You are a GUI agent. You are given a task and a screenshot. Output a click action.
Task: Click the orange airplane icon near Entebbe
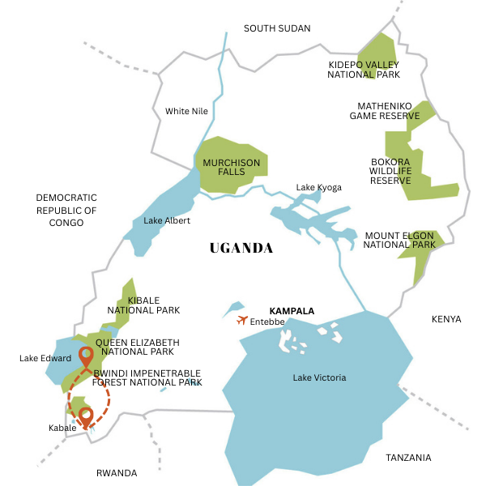[242, 320]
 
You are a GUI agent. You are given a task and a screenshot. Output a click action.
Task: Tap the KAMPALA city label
[291, 311]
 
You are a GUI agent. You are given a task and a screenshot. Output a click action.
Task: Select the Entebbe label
[267, 322]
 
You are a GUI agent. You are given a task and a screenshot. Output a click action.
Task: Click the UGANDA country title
[241, 248]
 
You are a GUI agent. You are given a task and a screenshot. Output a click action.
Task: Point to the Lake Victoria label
[319, 377]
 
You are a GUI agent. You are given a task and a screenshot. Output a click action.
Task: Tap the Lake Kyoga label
[318, 187]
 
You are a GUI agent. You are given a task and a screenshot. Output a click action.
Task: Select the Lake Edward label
[45, 358]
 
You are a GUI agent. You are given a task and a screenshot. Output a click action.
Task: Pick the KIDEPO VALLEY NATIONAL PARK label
[364, 69]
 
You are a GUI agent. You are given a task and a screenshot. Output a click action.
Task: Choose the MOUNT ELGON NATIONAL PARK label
[399, 240]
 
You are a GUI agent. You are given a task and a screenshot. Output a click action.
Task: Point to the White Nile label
[188, 111]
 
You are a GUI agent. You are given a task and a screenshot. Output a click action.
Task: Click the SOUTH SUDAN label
[277, 28]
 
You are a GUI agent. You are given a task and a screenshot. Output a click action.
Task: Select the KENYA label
[446, 319]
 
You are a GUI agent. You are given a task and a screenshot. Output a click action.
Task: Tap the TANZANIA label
[408, 458]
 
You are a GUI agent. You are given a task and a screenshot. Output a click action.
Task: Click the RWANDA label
[117, 473]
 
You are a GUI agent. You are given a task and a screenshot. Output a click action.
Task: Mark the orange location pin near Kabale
[85, 417]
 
